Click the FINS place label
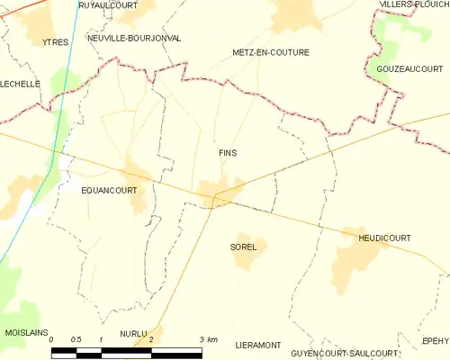point(228,153)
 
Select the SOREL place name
point(243,247)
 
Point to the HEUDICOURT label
point(384,238)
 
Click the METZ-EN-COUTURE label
point(270,52)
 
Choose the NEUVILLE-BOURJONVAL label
point(134,39)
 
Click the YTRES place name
point(55,42)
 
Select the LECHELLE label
point(21,84)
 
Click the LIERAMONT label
point(257,345)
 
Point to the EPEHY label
point(435,341)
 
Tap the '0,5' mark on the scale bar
point(76,339)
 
